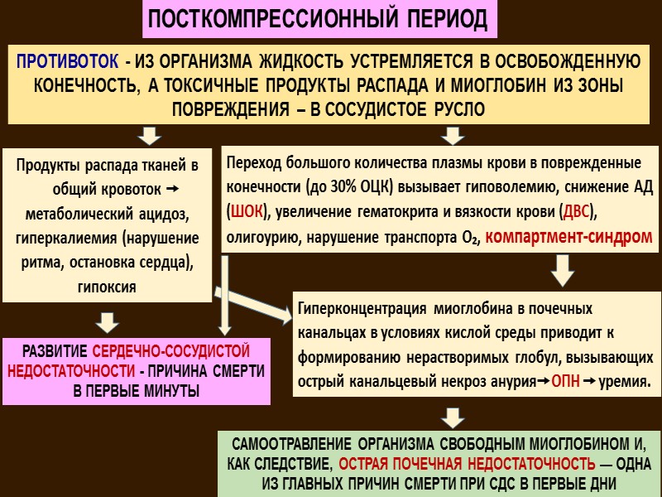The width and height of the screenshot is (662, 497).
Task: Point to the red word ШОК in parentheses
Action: (246, 211)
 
